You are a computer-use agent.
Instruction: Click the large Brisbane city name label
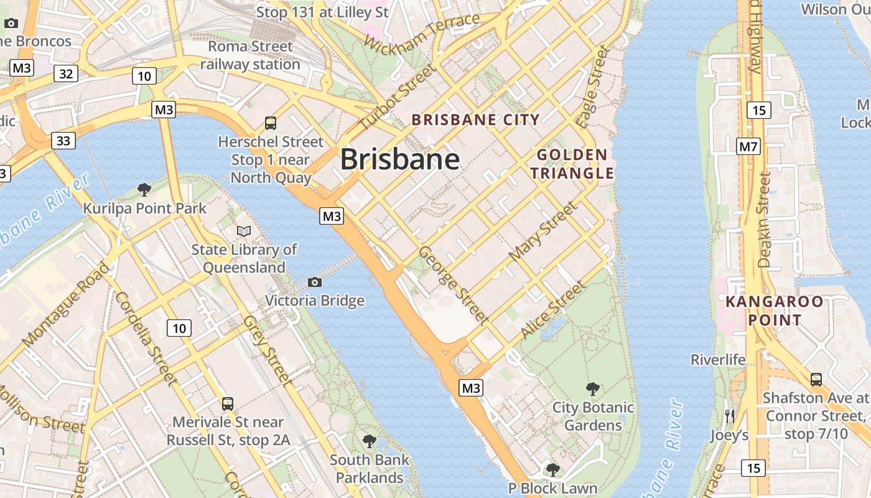(400, 159)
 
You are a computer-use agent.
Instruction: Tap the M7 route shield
(748, 147)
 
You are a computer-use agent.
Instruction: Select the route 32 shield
(65, 74)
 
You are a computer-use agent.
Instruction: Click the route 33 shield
(63, 141)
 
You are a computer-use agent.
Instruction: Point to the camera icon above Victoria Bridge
(315, 283)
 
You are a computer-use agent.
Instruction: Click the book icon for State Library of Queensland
(244, 231)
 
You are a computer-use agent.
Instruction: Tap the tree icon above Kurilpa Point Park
(144, 189)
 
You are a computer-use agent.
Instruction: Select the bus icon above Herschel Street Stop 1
(271, 123)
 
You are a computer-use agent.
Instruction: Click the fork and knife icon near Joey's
(730, 416)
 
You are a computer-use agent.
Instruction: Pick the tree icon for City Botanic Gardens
(593, 389)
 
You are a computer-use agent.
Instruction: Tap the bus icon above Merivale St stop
(228, 403)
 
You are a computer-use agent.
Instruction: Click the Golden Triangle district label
(572, 164)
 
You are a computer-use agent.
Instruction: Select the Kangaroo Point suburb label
(775, 311)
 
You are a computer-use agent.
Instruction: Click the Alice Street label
(552, 309)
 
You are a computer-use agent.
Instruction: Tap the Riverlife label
(718, 360)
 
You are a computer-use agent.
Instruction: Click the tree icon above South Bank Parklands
(370, 441)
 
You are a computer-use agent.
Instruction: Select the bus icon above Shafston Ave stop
(816, 379)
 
